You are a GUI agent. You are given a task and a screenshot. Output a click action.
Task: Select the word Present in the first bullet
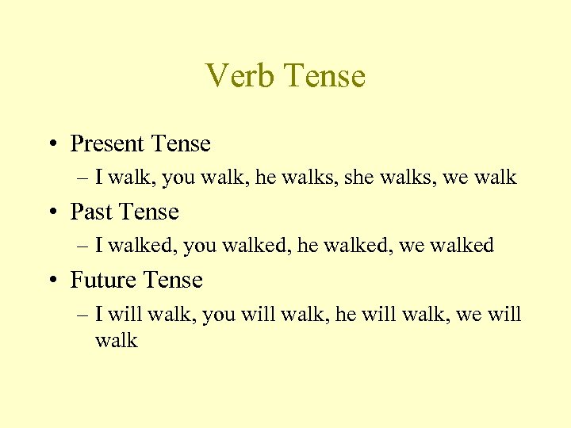point(108,143)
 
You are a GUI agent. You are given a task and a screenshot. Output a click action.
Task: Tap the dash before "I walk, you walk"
point(84,178)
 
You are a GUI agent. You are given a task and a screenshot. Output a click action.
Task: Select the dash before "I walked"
point(84,246)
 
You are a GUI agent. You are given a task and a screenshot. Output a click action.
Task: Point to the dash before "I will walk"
point(84,315)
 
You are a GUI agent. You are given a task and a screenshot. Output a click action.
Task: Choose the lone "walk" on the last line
point(117,341)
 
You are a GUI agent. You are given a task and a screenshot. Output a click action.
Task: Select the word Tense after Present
point(180,143)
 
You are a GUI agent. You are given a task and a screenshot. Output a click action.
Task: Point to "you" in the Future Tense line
point(218,314)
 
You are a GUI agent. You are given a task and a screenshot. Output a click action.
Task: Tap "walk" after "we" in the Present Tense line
point(496,178)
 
